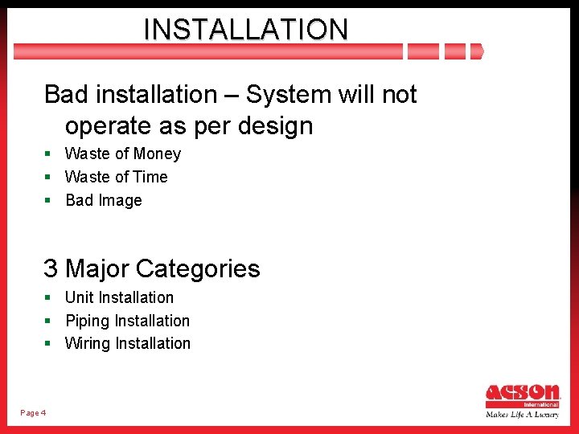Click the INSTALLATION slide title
[x=245, y=30]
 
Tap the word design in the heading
[x=273, y=126]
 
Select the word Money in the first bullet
[x=157, y=154]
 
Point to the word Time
[x=151, y=177]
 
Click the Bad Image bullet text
[x=103, y=200]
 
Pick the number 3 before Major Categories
[x=51, y=268]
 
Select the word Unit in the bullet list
[x=79, y=297]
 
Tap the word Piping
[x=87, y=321]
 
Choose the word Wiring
[x=88, y=343]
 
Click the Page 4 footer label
[x=33, y=412]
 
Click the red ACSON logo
[x=522, y=393]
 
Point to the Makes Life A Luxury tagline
[x=522, y=415]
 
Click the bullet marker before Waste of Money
[x=48, y=154]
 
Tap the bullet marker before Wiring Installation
[x=48, y=344]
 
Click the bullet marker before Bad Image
[x=48, y=200]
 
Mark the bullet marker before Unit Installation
[x=48, y=297]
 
